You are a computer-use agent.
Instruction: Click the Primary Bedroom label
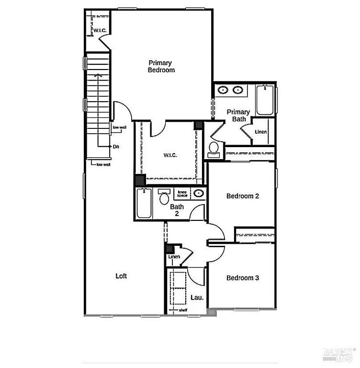161,66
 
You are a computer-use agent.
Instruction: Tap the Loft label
121,276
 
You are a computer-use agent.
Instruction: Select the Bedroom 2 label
243,196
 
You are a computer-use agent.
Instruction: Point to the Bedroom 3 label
243,278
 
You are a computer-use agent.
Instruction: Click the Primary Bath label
238,115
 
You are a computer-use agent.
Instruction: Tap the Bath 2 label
177,210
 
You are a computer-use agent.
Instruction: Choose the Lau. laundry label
197,298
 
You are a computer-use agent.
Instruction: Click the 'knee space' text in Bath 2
182,193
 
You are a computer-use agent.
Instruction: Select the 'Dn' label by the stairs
116,147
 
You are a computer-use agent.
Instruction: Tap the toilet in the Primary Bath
214,149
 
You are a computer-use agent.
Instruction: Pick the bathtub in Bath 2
144,203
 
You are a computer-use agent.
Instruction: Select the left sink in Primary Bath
223,90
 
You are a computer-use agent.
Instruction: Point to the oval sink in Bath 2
198,193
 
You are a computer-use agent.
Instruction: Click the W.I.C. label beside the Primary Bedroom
100,31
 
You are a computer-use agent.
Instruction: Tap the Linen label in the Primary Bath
260,132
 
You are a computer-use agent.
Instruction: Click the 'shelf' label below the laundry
183,310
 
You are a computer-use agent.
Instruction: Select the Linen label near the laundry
174,257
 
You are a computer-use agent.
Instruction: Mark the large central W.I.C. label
170,155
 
